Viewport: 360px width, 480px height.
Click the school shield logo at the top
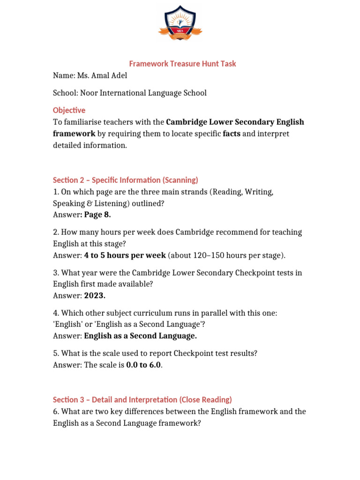point(180,24)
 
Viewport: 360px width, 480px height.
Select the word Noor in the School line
point(90,93)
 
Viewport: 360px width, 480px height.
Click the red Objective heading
point(69,110)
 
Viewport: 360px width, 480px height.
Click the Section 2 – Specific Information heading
point(126,180)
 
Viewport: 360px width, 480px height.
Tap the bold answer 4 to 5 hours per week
point(125,255)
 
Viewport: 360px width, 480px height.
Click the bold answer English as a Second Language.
point(141,336)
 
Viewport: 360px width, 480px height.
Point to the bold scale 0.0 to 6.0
point(144,365)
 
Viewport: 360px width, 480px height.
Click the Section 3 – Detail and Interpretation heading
point(142,399)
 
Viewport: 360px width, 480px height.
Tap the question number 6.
point(55,412)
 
